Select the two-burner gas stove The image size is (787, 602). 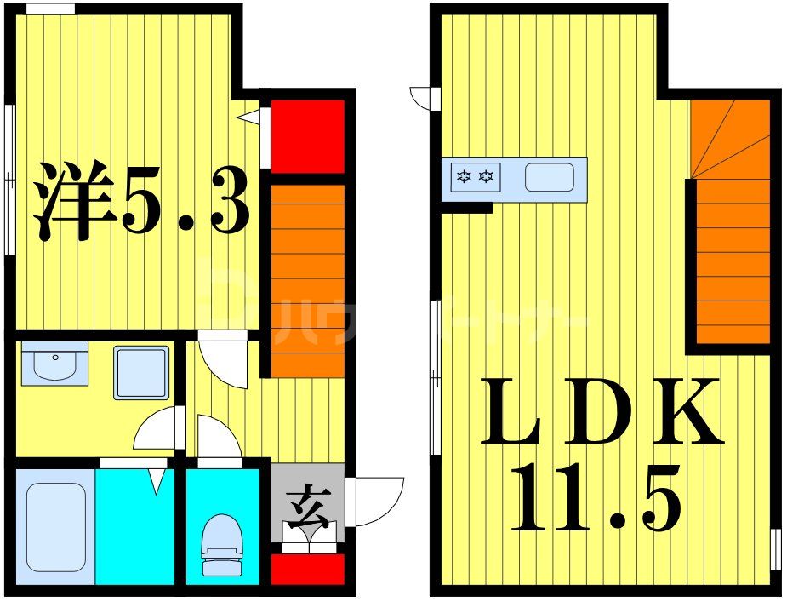click(476, 178)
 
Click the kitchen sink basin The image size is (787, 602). click(549, 178)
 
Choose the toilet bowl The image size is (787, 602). click(221, 545)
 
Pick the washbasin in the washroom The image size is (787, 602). click(54, 364)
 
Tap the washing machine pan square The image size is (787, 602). click(141, 372)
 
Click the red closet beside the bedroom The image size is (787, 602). click(307, 135)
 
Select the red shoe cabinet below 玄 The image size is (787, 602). click(307, 569)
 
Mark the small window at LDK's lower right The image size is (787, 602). click(775, 548)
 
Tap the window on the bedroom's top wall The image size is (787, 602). click(49, 9)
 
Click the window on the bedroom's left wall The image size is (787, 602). click(9, 179)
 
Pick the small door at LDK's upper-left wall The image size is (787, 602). click(425, 99)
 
